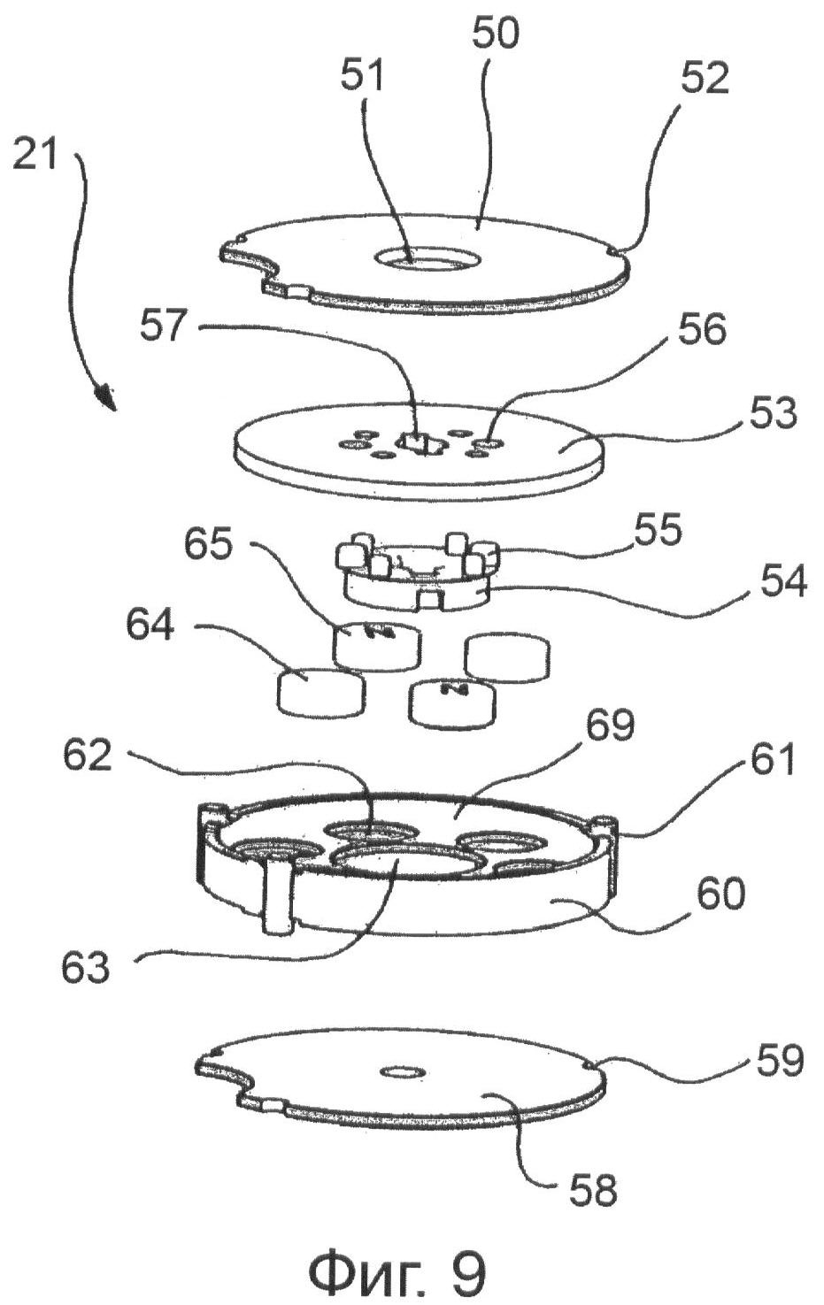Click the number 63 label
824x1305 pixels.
[85, 967]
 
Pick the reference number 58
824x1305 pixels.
[593, 1191]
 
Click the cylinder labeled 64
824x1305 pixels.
[321, 692]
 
